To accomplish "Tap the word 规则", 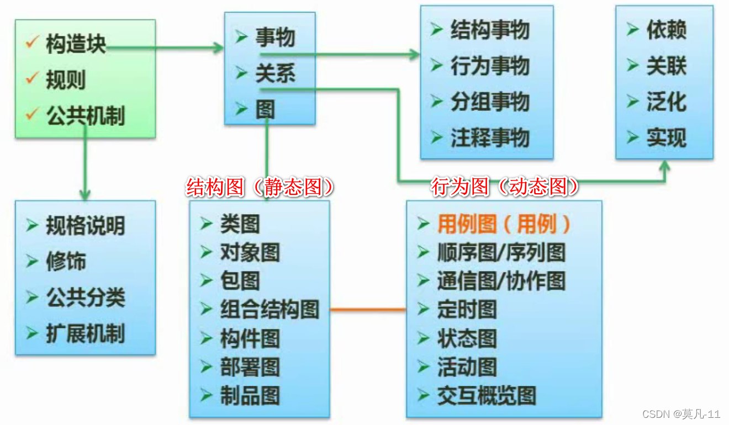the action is (x=66, y=81).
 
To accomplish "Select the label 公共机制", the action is (x=86, y=116).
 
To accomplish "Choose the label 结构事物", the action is (x=490, y=30).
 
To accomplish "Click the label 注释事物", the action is (x=490, y=137).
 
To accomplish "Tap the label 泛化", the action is (x=666, y=102).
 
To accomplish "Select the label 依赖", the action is (x=666, y=30).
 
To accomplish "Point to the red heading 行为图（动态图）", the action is (x=505, y=188).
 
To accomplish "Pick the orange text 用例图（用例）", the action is (x=504, y=224).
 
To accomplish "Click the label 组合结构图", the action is (x=270, y=310).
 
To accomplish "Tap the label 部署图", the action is (x=250, y=367).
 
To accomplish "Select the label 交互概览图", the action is (x=487, y=396).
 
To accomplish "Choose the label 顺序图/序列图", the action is (x=501, y=253).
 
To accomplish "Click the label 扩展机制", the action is (x=86, y=333).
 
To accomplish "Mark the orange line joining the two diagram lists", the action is (x=368, y=310).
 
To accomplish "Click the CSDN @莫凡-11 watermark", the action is (x=682, y=414).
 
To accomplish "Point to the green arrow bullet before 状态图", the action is (x=424, y=338).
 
